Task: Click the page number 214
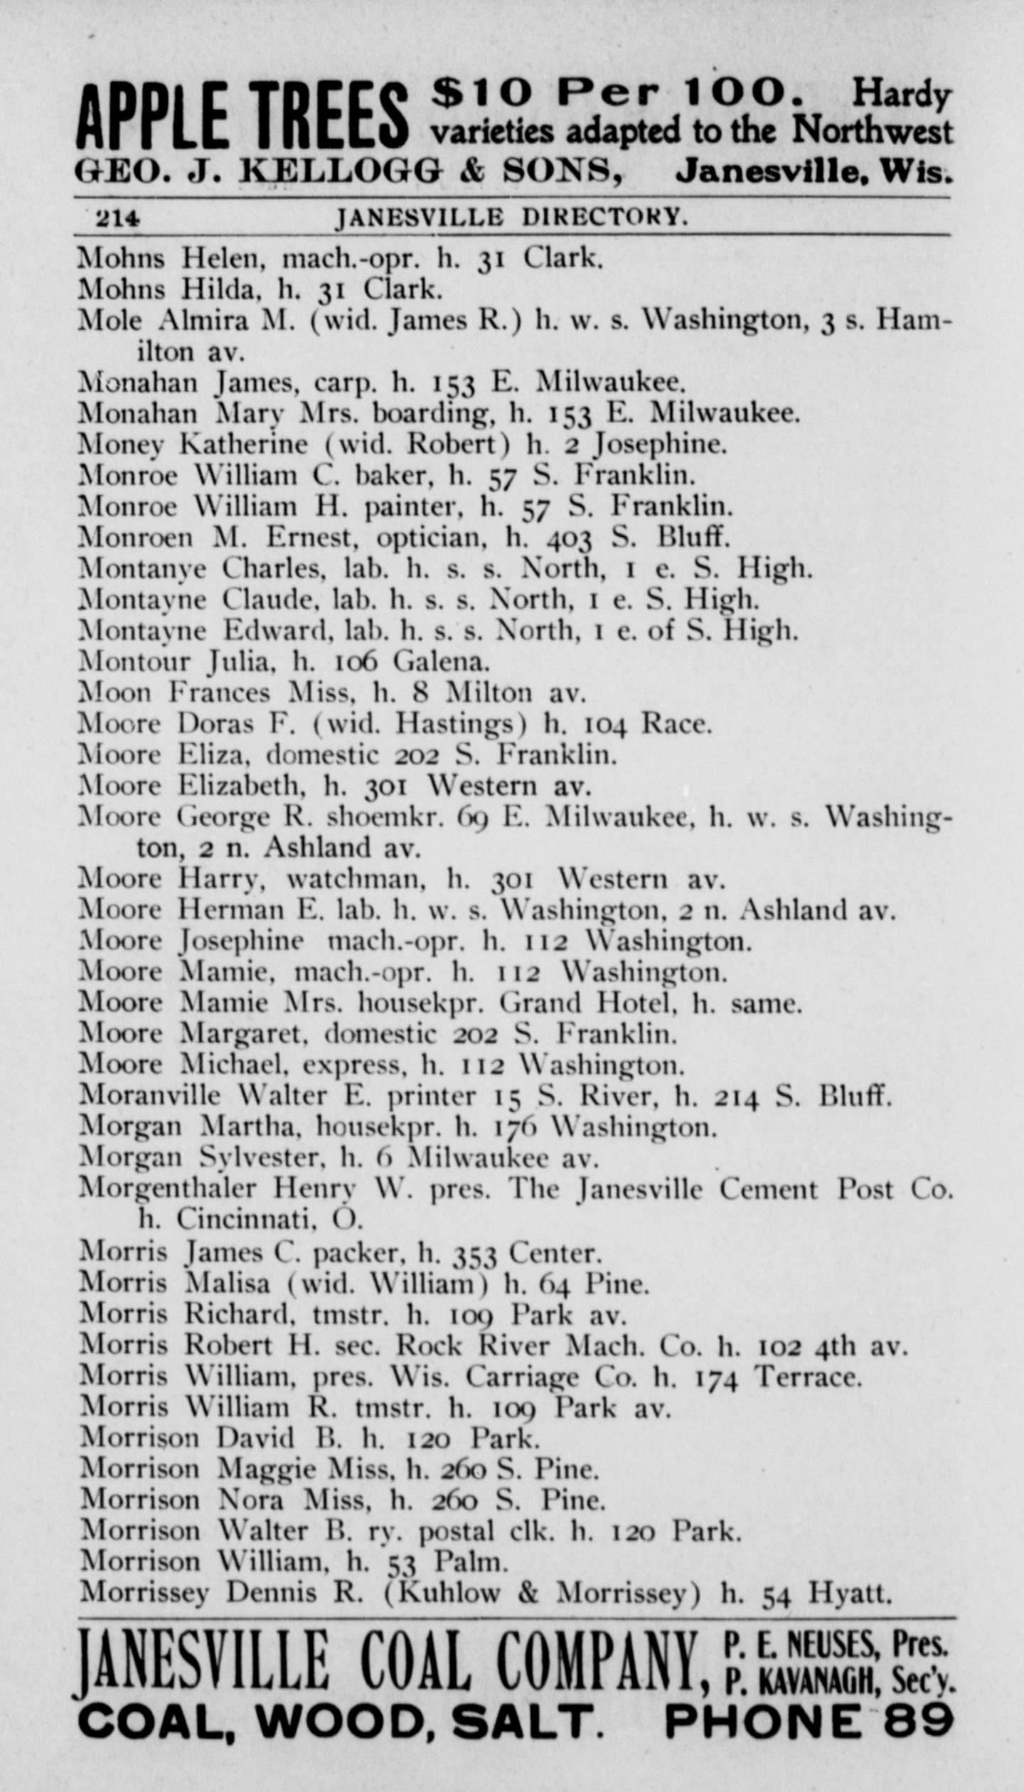[x=118, y=218]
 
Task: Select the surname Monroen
[x=135, y=537]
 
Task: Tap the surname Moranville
[x=149, y=1095]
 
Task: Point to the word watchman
[x=356, y=880]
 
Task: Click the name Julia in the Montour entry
[x=240, y=662]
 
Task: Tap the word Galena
[x=441, y=662]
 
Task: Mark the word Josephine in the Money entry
[x=660, y=444]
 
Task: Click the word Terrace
[x=808, y=1377]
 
